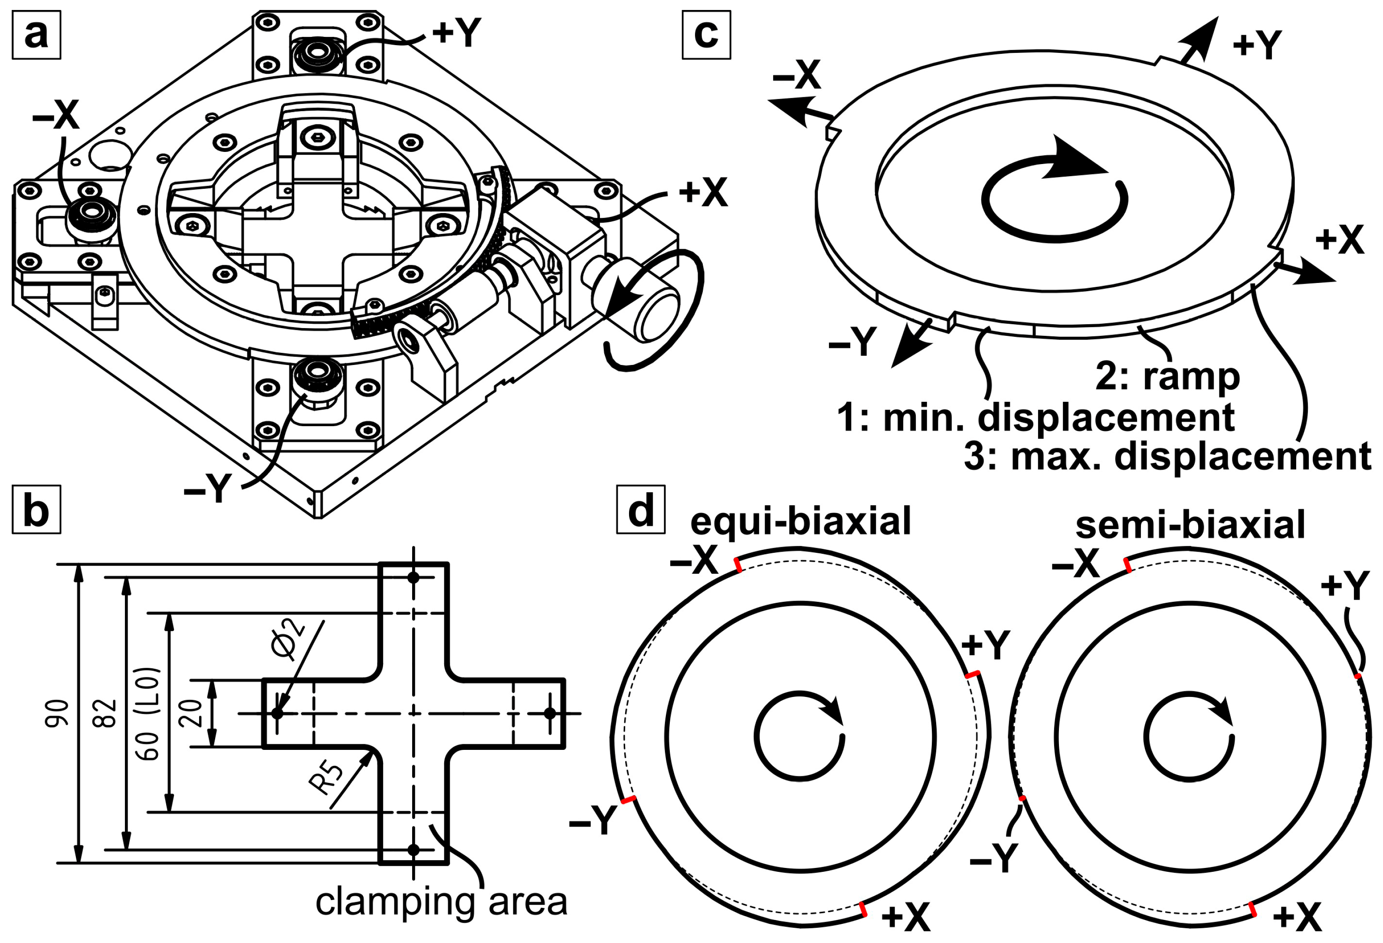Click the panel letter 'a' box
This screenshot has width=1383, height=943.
36,35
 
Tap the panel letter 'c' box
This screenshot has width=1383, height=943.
706,35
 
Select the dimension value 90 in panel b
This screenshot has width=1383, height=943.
58,713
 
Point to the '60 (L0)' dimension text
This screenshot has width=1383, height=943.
148,713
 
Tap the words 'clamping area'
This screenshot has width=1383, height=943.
441,901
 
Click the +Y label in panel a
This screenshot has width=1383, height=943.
456,33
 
